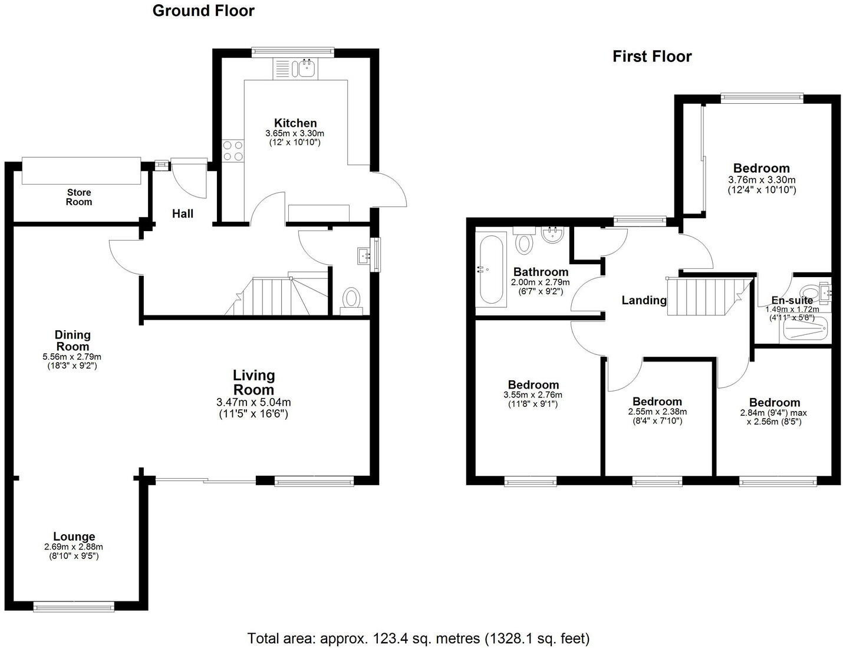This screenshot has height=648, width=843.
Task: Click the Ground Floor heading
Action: pos(203,11)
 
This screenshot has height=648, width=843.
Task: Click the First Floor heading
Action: pos(651,57)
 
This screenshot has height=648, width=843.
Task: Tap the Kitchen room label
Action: pos(295,123)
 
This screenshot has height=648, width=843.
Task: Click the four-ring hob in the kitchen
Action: pos(232,151)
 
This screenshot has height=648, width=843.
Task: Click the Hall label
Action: pos(183,213)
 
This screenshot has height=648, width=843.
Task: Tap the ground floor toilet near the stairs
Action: pos(352,299)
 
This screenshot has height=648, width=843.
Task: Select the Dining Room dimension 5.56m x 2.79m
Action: pos(72,357)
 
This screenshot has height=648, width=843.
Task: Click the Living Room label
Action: pos(253,382)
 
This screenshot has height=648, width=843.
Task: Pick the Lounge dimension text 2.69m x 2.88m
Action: pos(74,547)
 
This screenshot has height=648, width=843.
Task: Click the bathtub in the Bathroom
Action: pos(490,269)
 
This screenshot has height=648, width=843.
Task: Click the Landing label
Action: pos(644,300)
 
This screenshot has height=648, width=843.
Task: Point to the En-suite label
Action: pos(792,300)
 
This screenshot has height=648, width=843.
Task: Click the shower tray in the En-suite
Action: pos(806,330)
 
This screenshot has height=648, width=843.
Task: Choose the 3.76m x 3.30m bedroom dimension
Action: pos(762,180)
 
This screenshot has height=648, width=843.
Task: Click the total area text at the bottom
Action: pos(419,638)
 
